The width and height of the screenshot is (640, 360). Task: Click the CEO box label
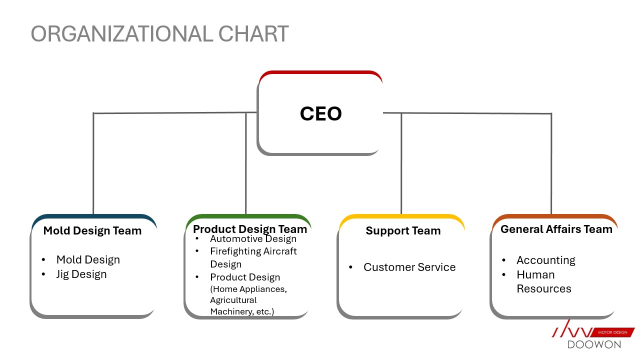[x=320, y=114]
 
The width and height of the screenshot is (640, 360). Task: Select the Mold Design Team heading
[x=92, y=231]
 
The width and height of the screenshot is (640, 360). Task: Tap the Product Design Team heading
[x=250, y=229]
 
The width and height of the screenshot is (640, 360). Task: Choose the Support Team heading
[x=403, y=231]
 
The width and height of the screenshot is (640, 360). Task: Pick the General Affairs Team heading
[x=556, y=229]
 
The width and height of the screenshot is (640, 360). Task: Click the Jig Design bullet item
[x=81, y=274]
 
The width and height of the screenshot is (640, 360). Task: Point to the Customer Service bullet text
[x=409, y=267]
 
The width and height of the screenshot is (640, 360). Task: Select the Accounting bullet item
[x=545, y=260]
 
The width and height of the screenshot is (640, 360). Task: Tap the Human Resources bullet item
[x=543, y=281]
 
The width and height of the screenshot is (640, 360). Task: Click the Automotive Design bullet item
[x=253, y=239]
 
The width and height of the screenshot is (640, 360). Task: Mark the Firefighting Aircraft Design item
[x=253, y=257]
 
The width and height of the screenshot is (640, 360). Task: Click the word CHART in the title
[x=253, y=33]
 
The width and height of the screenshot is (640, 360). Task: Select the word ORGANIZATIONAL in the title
[x=122, y=33]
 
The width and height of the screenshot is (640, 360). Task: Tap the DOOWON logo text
[x=594, y=344]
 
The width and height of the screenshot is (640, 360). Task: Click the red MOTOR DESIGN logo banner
[x=612, y=332]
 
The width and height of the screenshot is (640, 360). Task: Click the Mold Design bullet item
[x=88, y=259]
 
